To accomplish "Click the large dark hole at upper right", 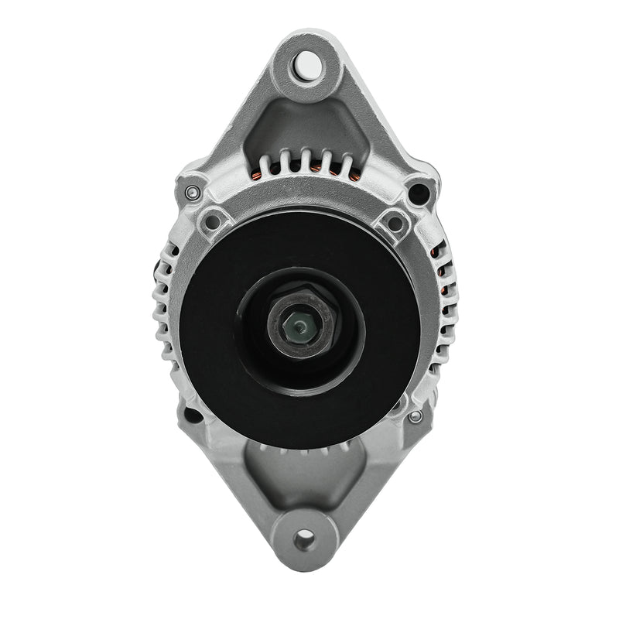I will [x=419, y=191].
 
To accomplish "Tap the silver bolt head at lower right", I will [x=416, y=416].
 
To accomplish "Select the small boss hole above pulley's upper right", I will [x=395, y=223].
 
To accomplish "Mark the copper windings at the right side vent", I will [x=442, y=271].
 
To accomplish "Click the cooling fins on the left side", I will [x=166, y=302].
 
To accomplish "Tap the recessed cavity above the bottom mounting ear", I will [x=303, y=476].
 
